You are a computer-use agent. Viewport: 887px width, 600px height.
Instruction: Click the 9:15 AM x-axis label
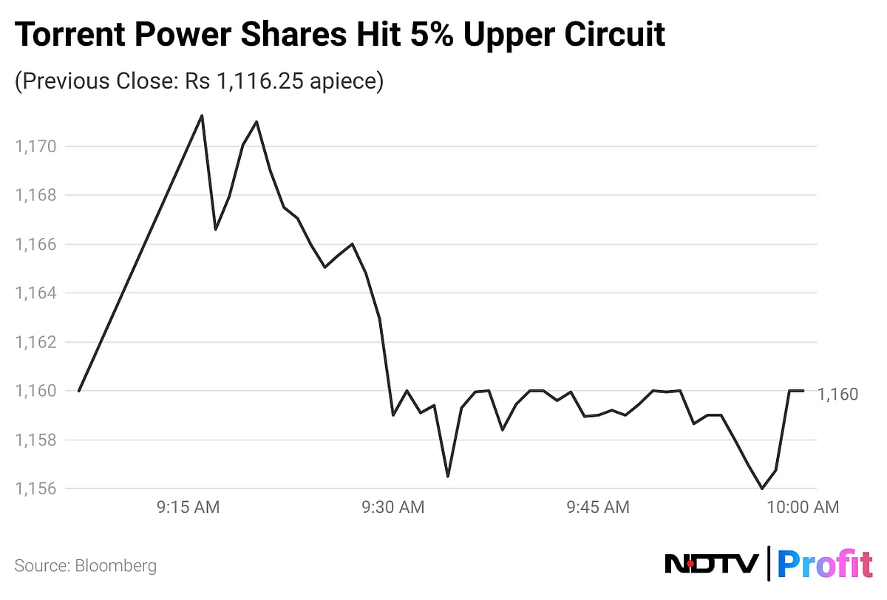click(x=188, y=507)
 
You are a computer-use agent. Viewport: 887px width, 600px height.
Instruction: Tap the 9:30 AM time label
click(x=393, y=507)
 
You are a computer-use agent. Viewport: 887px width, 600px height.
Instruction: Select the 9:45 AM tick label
click(x=598, y=507)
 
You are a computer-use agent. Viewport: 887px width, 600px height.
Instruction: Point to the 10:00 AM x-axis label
click(x=803, y=507)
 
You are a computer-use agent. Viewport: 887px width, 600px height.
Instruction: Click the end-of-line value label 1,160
click(x=838, y=395)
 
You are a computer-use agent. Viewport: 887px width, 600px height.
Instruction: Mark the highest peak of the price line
click(x=202, y=115)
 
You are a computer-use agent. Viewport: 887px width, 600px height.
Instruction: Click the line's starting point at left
click(x=78, y=391)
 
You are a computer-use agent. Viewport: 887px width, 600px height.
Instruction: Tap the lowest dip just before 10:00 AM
click(x=762, y=488)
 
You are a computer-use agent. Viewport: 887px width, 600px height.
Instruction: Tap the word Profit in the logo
click(x=826, y=565)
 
